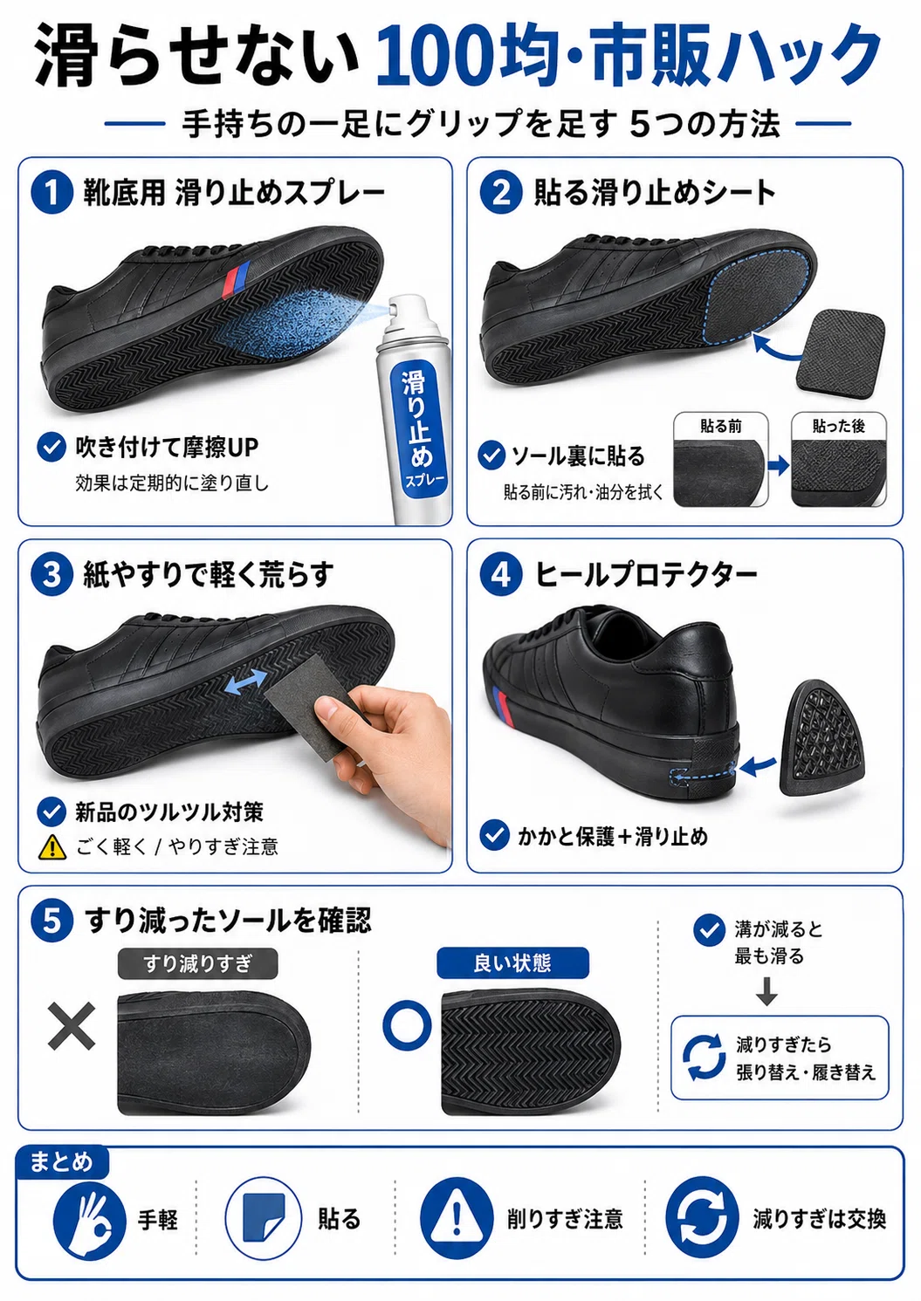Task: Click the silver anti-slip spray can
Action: pyautogui.click(x=413, y=409)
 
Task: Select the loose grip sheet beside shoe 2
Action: pyautogui.click(x=840, y=350)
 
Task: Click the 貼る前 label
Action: pyautogui.click(x=720, y=427)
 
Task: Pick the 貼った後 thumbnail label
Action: pyautogui.click(x=838, y=427)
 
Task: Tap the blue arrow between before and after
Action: pyautogui.click(x=779, y=465)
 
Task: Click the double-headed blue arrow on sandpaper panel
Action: pyautogui.click(x=244, y=681)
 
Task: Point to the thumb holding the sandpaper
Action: pyautogui.click(x=334, y=712)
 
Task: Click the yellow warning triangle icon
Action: pyautogui.click(x=52, y=846)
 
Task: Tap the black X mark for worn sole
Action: pyautogui.click(x=72, y=1026)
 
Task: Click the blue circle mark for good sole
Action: pyautogui.click(x=408, y=1025)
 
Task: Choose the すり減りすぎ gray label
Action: pyautogui.click(x=197, y=963)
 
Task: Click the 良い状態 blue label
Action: pyautogui.click(x=512, y=963)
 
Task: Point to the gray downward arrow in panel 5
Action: pyautogui.click(x=766, y=991)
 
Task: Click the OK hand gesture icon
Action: pyautogui.click(x=89, y=1218)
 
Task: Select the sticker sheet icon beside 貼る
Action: pyautogui.click(x=264, y=1217)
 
